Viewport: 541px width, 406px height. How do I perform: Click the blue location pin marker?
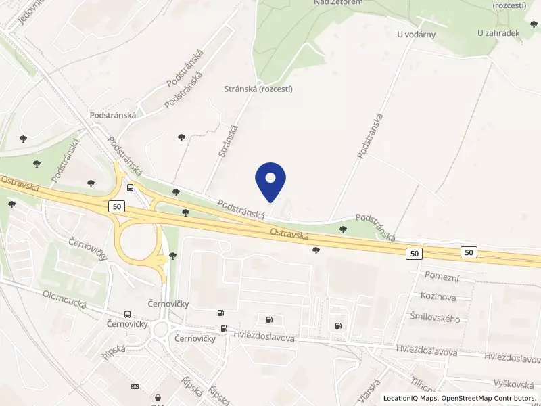pyautogui.click(x=270, y=181)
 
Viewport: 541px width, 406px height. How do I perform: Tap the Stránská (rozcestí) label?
pyautogui.click(x=258, y=89)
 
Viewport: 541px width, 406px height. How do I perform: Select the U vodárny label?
pyautogui.click(x=416, y=35)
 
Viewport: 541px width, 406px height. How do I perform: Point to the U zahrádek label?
pyautogui.click(x=498, y=32)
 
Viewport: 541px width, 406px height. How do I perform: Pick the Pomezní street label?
pyautogui.click(x=442, y=276)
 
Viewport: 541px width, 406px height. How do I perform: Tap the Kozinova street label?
pyautogui.click(x=438, y=297)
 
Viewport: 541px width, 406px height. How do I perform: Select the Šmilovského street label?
pyautogui.click(x=435, y=318)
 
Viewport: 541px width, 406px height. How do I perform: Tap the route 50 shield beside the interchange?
pyautogui.click(x=118, y=206)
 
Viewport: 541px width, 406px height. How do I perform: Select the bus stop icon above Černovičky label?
pyautogui.click(x=127, y=314)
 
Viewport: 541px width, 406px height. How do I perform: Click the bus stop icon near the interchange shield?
pyautogui.click(x=130, y=188)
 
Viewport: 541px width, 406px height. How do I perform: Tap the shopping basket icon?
pyautogui.click(x=158, y=397)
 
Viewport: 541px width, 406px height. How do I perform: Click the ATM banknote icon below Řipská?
pyautogui.click(x=135, y=386)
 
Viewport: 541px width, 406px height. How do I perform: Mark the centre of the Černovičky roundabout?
pyautogui.click(x=162, y=330)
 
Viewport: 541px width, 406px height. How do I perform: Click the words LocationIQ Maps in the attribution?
pyautogui.click(x=410, y=398)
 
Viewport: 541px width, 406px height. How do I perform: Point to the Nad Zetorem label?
pyautogui.click(x=338, y=3)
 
